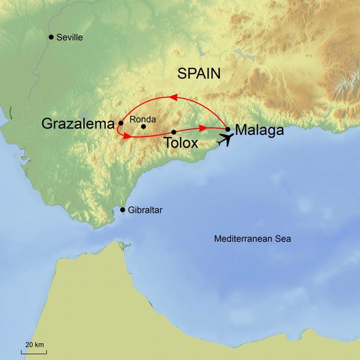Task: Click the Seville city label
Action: click(x=69, y=38)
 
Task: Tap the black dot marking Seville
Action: click(x=51, y=37)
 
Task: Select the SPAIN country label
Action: click(x=199, y=74)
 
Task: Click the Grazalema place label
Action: click(x=78, y=123)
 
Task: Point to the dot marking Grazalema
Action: click(x=120, y=123)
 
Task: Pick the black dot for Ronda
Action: click(x=144, y=126)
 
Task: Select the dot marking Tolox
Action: click(x=174, y=132)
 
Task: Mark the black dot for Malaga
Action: click(x=228, y=129)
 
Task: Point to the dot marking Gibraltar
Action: click(x=122, y=210)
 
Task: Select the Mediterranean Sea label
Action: click(x=252, y=238)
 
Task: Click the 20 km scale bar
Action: click(x=35, y=350)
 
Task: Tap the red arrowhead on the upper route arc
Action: click(x=172, y=96)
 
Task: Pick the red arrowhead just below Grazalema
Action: click(x=126, y=135)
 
